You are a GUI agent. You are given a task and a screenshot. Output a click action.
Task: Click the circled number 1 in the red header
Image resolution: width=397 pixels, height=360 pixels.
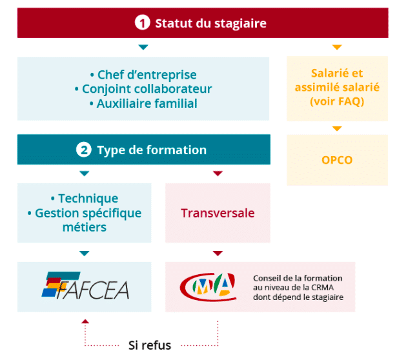tap(142, 23)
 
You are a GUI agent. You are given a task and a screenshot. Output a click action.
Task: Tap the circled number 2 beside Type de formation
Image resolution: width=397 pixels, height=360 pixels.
tap(84, 150)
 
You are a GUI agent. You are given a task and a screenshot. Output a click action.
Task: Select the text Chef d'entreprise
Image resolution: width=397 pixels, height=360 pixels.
tap(147, 75)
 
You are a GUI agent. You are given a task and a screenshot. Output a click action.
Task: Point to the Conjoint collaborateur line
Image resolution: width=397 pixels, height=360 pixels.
tap(147, 89)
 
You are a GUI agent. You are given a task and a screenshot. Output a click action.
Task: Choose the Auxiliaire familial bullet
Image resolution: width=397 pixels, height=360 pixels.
tap(147, 103)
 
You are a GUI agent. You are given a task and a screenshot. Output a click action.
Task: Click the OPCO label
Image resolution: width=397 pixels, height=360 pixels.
tap(337, 160)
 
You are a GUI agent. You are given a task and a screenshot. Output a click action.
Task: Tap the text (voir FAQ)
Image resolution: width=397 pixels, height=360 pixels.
tap(337, 101)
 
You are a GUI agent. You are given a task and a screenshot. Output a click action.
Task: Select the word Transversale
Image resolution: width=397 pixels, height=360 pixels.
tap(218, 213)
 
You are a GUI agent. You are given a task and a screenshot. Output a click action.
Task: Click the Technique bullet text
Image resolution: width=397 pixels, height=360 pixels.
tap(88, 198)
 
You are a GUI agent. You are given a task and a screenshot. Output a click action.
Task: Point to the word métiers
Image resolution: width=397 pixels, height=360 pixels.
tap(85, 227)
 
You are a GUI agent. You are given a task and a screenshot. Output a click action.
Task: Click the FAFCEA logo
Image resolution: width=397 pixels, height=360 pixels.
tap(85, 286)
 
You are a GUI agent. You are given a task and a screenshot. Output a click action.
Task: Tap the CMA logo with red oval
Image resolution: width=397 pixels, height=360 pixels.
tap(208, 287)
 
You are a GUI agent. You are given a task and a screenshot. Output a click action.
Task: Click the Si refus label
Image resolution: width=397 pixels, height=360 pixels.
tap(150, 345)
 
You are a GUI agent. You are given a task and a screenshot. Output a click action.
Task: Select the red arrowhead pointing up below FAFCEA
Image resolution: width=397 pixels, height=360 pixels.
tap(85, 321)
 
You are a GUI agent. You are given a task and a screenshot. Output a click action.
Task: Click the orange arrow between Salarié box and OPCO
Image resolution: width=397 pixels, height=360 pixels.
tap(337, 128)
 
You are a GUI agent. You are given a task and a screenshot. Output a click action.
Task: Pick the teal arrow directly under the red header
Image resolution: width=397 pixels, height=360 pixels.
tap(143, 47)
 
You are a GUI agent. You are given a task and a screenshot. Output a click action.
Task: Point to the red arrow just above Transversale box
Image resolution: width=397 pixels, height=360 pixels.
tap(218, 174)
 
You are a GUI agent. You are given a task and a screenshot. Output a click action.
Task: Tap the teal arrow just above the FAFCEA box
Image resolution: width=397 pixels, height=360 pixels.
tap(85, 254)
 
